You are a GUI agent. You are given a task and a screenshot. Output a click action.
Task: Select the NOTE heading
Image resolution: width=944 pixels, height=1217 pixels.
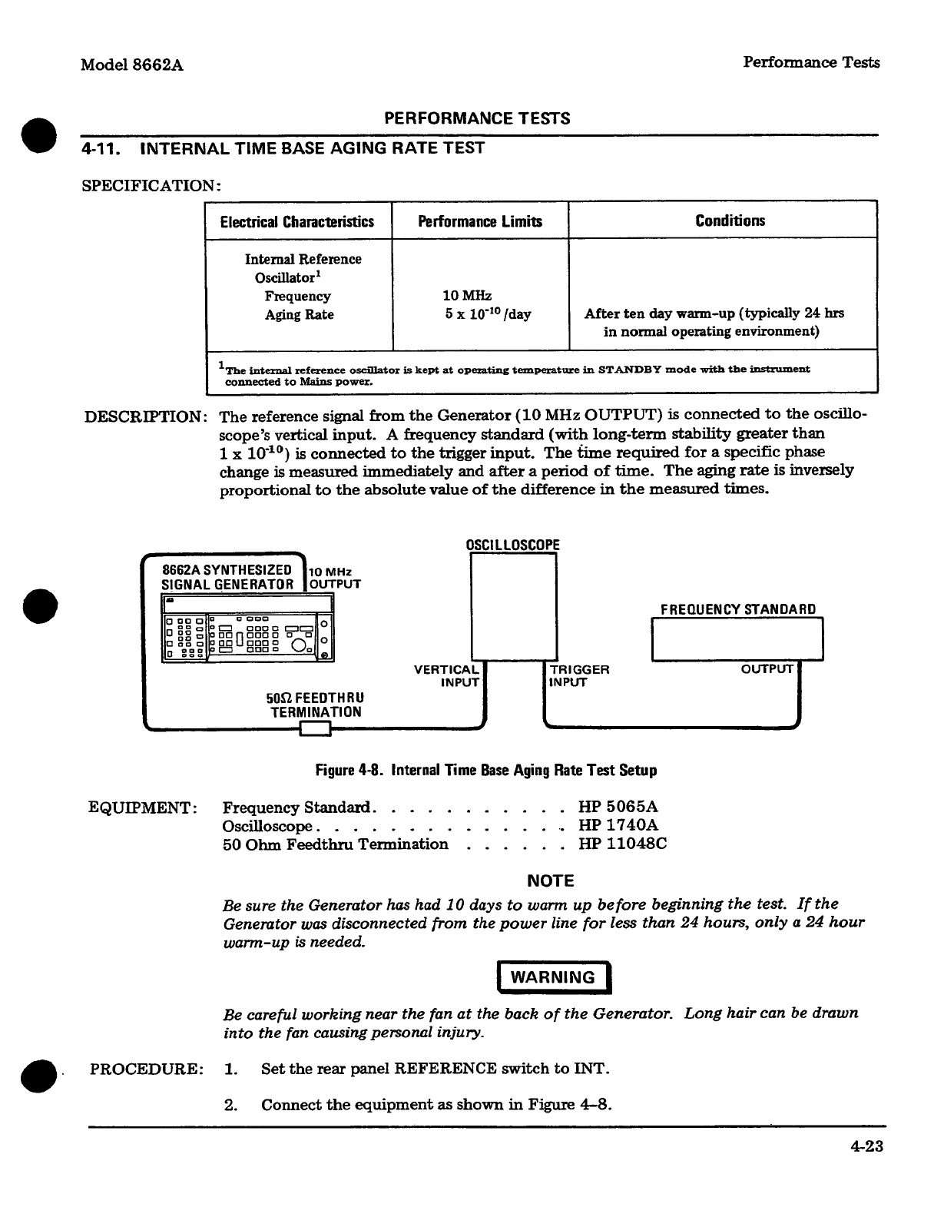point(551,881)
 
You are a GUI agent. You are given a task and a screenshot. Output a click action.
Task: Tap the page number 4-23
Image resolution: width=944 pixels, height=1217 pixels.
point(866,1146)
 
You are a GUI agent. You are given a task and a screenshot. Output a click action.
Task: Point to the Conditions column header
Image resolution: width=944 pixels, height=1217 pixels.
point(730,221)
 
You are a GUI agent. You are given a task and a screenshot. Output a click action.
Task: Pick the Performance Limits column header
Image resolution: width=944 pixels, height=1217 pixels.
point(480,222)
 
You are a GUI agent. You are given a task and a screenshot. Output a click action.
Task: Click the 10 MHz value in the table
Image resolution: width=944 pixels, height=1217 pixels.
point(467,296)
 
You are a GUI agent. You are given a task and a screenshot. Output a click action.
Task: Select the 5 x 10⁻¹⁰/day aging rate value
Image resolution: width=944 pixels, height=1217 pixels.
point(488,314)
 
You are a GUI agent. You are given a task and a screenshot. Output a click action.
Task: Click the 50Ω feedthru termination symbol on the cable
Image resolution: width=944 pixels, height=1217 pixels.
point(315,728)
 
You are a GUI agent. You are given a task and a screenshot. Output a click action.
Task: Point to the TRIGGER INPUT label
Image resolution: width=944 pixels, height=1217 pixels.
point(579,675)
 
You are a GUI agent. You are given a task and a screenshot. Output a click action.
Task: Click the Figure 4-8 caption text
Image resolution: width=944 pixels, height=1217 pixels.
point(486,770)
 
